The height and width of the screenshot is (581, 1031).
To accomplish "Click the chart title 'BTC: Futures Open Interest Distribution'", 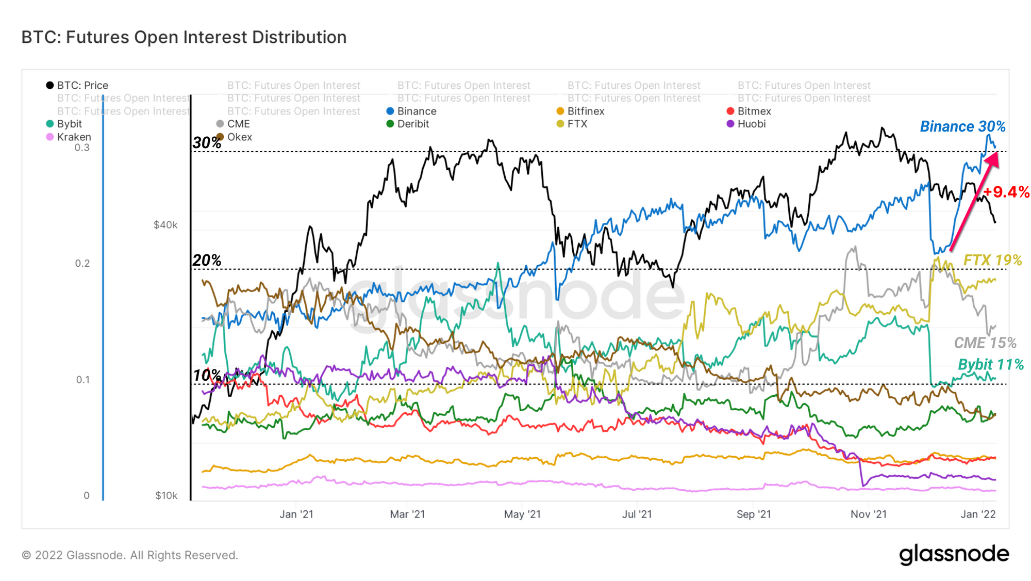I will pyautogui.click(x=184, y=37).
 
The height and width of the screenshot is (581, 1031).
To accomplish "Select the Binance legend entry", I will pyautogui.click(x=411, y=111).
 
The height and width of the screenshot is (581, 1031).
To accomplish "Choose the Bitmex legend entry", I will pyautogui.click(x=749, y=111).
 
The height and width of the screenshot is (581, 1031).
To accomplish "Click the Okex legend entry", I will pyautogui.click(x=234, y=137).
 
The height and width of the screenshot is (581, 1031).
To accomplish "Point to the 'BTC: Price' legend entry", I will pyautogui.click(x=77, y=85).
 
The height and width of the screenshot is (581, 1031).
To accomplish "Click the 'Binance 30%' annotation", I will pyautogui.click(x=962, y=126).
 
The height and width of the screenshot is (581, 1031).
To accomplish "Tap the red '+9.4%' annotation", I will pyautogui.click(x=1006, y=192).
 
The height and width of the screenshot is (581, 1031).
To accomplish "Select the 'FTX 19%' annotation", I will pyautogui.click(x=992, y=260).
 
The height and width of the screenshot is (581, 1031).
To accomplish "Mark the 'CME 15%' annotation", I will pyautogui.click(x=985, y=343).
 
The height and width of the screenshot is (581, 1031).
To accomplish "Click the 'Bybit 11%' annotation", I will pyautogui.click(x=990, y=364).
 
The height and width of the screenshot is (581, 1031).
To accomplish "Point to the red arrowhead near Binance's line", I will pyautogui.click(x=992, y=158).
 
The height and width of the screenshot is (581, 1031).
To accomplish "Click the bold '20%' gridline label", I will pyautogui.click(x=207, y=260).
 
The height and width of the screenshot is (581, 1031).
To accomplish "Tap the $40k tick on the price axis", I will pyautogui.click(x=165, y=225).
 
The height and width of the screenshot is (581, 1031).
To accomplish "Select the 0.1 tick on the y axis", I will pyautogui.click(x=83, y=380).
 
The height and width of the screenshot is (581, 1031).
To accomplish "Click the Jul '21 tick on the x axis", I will pyautogui.click(x=637, y=514).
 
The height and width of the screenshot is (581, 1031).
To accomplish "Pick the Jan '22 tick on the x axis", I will pyautogui.click(x=978, y=514).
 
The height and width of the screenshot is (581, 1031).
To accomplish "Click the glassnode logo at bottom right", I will pyautogui.click(x=954, y=554).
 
